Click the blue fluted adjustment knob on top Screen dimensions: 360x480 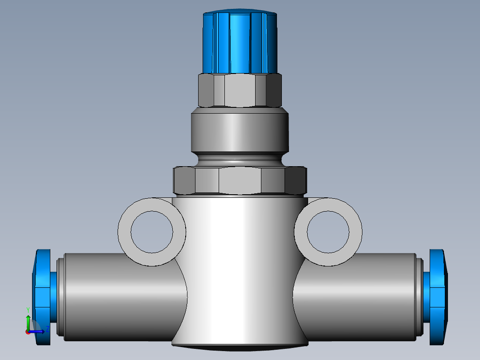(x=240, y=42)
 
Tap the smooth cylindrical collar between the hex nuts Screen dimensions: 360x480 (x=240, y=132)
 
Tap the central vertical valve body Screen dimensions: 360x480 (x=240, y=267)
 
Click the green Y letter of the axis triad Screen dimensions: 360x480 (x=28, y=309)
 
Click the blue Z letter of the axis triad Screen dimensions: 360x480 (x=47, y=329)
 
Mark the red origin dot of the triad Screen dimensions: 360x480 (x=28, y=331)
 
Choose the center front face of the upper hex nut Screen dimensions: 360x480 (x=240, y=91)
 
